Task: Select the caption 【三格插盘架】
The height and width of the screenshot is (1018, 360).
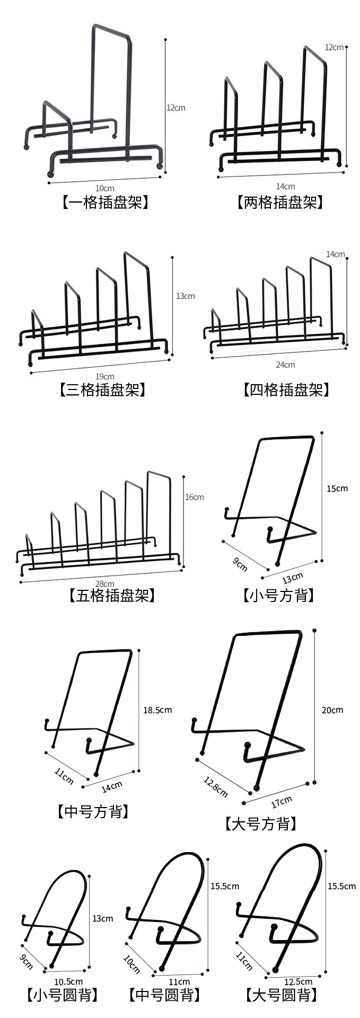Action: pos(102,390)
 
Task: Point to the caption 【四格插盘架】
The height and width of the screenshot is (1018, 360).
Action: pos(287,390)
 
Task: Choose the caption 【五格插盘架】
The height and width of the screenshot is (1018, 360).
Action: pos(112,596)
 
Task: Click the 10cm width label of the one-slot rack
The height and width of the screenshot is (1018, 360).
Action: pos(104,188)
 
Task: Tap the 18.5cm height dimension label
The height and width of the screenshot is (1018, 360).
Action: pos(157,710)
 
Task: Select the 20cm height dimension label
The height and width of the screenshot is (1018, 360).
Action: pos(332,710)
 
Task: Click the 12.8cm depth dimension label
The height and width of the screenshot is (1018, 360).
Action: pos(215,786)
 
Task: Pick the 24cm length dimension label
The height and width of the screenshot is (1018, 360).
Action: pos(285,365)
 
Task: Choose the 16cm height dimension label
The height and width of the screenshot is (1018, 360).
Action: pos(194,497)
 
